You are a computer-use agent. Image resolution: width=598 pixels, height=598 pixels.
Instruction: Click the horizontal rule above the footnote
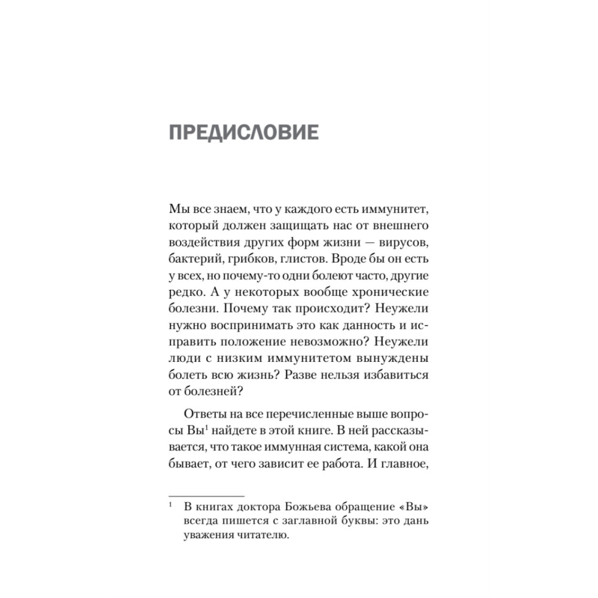coord(207,496)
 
